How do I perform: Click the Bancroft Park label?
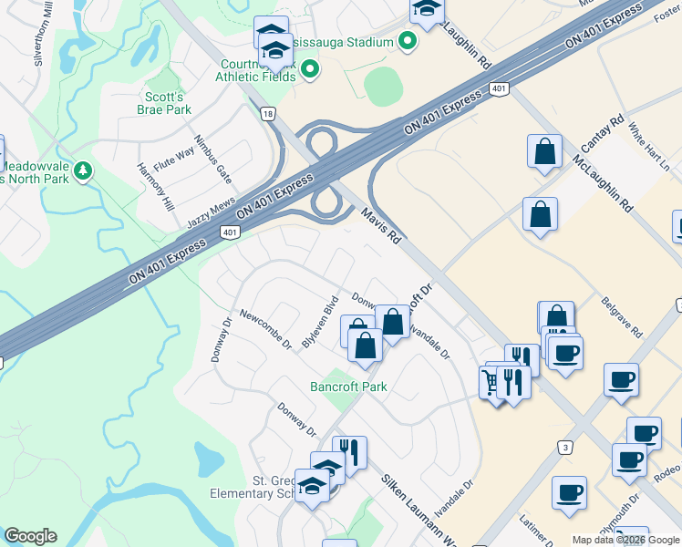point(348,387)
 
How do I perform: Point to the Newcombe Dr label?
point(264,330)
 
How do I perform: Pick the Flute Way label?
point(173,160)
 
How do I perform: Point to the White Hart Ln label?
point(648,140)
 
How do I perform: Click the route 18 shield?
point(266,112)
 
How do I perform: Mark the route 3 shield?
point(565,447)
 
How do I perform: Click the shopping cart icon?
point(493,383)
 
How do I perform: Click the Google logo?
point(30,536)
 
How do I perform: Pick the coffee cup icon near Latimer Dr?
point(569,493)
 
